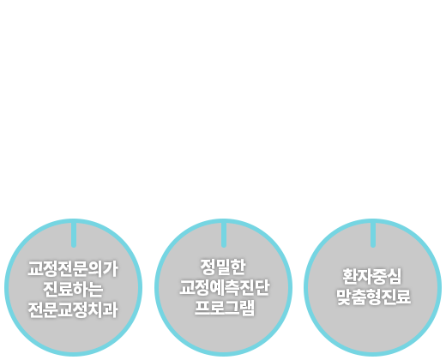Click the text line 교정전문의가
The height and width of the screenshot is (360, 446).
click(x=73, y=269)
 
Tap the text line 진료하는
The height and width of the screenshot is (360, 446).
click(x=73, y=289)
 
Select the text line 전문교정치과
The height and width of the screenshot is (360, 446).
click(x=73, y=309)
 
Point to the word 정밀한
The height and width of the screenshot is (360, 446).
click(x=223, y=267)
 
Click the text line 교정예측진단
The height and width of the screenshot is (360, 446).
click(x=224, y=287)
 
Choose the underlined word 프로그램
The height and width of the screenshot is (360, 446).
click(x=225, y=308)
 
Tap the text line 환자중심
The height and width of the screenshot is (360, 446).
click(x=372, y=276)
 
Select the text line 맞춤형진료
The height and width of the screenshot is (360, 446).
click(x=373, y=297)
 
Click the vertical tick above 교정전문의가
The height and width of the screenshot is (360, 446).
click(x=74, y=235)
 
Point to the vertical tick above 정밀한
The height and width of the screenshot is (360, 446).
click(x=224, y=235)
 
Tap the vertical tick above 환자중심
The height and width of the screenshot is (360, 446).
click(x=373, y=235)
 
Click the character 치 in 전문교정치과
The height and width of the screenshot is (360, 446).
click(x=96, y=309)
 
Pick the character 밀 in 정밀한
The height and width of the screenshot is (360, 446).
click(x=223, y=267)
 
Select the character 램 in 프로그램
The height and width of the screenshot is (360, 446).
click(x=247, y=308)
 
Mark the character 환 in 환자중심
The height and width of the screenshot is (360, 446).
click(x=350, y=276)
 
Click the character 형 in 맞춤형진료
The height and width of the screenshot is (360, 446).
click(x=373, y=297)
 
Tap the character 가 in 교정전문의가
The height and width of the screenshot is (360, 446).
click(x=111, y=269)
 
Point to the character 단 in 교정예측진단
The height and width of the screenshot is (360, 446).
click(x=262, y=287)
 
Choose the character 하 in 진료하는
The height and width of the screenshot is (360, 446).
click(x=81, y=289)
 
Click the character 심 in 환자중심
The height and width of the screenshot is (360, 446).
click(x=395, y=276)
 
